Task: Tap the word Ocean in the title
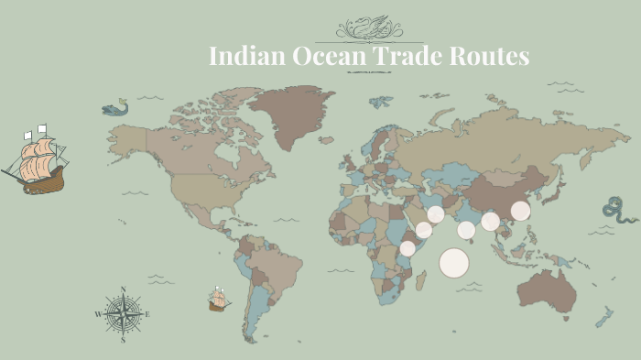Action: click(x=312, y=57)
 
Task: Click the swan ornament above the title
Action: click(x=369, y=27)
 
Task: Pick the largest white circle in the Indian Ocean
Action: click(x=453, y=263)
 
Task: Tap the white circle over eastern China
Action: click(x=520, y=211)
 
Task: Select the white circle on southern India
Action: click(x=466, y=230)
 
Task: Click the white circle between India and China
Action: click(x=490, y=221)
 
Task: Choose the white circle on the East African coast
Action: click(x=407, y=247)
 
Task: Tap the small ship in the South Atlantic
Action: click(x=218, y=300)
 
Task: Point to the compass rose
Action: click(x=123, y=314)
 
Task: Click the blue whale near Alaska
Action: click(x=114, y=108)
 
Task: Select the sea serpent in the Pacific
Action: click(x=619, y=210)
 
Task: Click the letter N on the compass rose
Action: click(x=123, y=290)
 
